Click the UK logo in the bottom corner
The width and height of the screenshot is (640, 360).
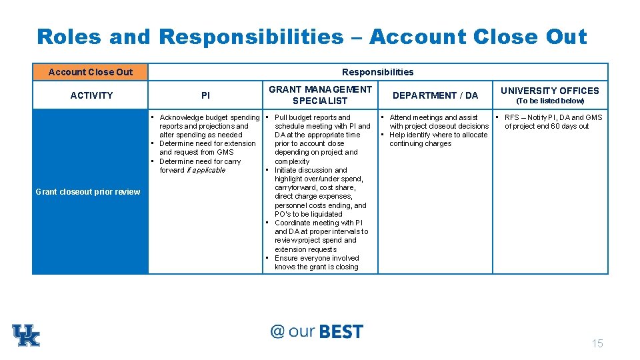click(x=26, y=335)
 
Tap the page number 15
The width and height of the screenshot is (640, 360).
click(x=597, y=343)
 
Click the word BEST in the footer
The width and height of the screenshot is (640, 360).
click(x=341, y=332)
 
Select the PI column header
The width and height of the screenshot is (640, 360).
click(x=205, y=95)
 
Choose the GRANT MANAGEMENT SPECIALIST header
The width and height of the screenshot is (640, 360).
click(x=320, y=95)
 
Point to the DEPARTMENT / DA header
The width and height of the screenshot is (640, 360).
click(x=435, y=95)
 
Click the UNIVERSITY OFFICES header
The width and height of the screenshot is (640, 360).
click(x=550, y=91)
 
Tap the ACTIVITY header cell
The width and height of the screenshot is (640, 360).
click(x=91, y=95)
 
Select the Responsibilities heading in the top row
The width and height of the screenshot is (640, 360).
click(x=377, y=72)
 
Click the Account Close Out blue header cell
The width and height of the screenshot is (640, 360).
click(x=91, y=72)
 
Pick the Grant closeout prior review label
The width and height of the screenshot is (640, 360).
click(x=88, y=192)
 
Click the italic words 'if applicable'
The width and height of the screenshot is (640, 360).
click(x=207, y=170)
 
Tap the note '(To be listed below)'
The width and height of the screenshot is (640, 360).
click(x=550, y=101)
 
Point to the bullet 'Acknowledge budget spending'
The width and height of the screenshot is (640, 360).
click(x=209, y=117)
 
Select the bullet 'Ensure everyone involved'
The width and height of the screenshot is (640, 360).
click(x=317, y=258)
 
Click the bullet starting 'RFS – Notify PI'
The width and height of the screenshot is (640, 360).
click(x=553, y=117)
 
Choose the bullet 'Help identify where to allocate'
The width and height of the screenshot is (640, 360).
click(x=438, y=135)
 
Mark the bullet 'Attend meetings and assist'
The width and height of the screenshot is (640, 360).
click(x=433, y=117)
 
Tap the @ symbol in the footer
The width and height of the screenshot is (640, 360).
click(x=277, y=331)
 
